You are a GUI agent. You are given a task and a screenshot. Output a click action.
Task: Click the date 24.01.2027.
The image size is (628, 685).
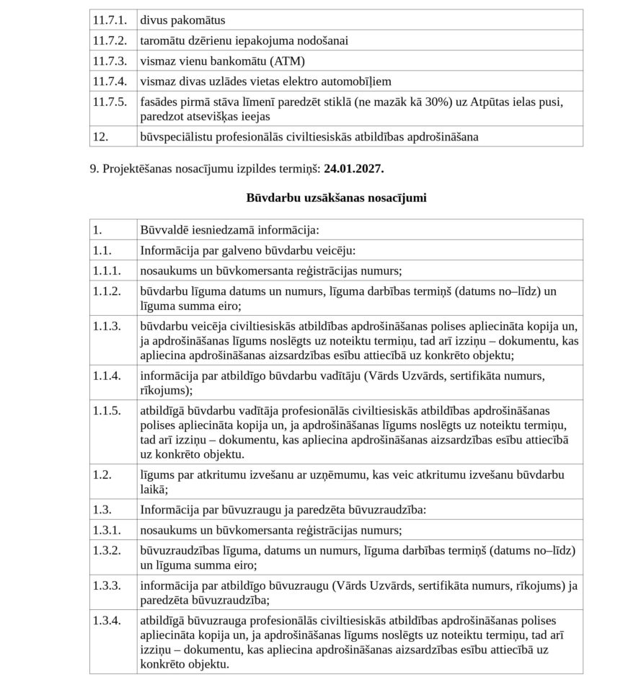[x=354, y=169]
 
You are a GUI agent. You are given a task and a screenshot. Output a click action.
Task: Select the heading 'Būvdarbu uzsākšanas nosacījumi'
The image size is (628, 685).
[x=336, y=198]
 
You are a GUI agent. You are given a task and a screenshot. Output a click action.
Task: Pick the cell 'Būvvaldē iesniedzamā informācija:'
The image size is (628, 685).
[x=229, y=230]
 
